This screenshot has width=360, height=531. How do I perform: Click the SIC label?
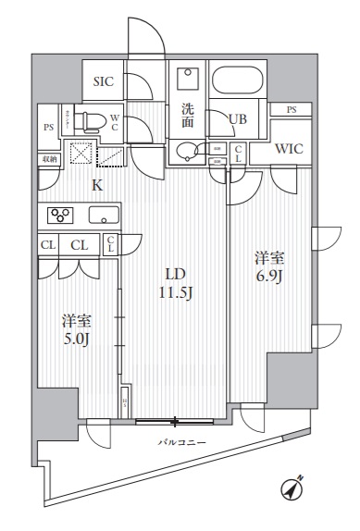click(x=104, y=80)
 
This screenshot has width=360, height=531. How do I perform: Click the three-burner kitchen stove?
click(x=63, y=216)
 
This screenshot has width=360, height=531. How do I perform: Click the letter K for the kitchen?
click(x=96, y=184)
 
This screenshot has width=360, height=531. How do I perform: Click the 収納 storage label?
click(x=48, y=158)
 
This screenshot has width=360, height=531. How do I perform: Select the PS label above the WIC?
click(x=292, y=110)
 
